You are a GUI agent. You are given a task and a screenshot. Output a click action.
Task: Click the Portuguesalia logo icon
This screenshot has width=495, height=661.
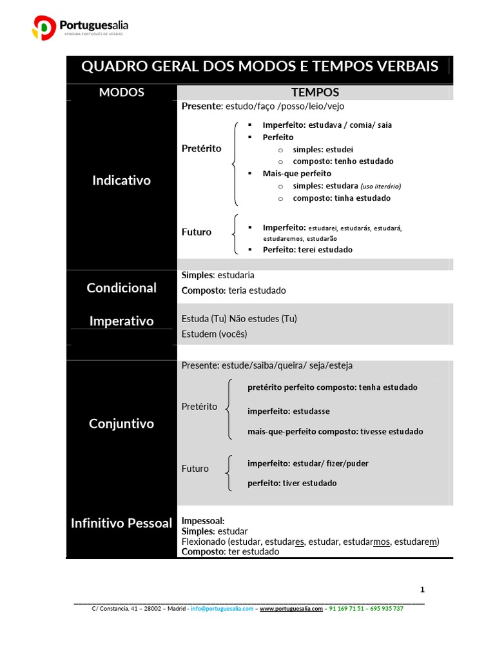[44, 28]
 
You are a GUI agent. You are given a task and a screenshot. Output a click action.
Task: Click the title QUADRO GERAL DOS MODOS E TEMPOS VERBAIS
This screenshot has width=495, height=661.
[260, 66]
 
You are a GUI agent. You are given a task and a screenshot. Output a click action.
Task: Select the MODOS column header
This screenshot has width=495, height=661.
[121, 92]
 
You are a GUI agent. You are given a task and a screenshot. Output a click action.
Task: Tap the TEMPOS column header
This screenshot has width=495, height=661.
[315, 92]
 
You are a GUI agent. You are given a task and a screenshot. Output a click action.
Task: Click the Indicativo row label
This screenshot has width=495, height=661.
[121, 180]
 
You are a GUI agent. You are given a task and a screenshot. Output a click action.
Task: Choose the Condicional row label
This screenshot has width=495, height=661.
[121, 287]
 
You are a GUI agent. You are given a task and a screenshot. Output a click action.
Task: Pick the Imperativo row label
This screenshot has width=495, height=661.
[121, 321]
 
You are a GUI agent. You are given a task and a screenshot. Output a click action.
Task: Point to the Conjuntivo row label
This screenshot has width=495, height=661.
[121, 423]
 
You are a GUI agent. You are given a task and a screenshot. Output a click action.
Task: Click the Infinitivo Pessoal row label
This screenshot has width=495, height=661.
[121, 523]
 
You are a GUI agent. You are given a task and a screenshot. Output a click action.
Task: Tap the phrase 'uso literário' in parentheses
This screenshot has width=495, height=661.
[380, 186]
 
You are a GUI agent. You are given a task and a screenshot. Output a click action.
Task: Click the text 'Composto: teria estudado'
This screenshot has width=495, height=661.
[234, 290]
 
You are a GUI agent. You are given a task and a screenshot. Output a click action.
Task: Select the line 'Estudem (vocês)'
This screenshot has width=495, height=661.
[214, 334]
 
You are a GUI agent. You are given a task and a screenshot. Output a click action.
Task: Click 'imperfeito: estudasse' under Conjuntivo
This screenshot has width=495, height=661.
[288, 411]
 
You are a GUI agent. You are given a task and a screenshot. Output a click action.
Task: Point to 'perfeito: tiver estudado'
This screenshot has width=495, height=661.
[292, 483]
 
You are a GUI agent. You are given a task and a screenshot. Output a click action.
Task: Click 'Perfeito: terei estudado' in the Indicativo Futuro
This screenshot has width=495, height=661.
[307, 249]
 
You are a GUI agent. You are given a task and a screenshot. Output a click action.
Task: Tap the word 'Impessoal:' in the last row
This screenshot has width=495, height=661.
[203, 520]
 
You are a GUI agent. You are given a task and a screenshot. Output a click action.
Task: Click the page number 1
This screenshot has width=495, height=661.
[422, 589]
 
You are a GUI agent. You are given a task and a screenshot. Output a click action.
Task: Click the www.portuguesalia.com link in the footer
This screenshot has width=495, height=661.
[291, 608]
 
